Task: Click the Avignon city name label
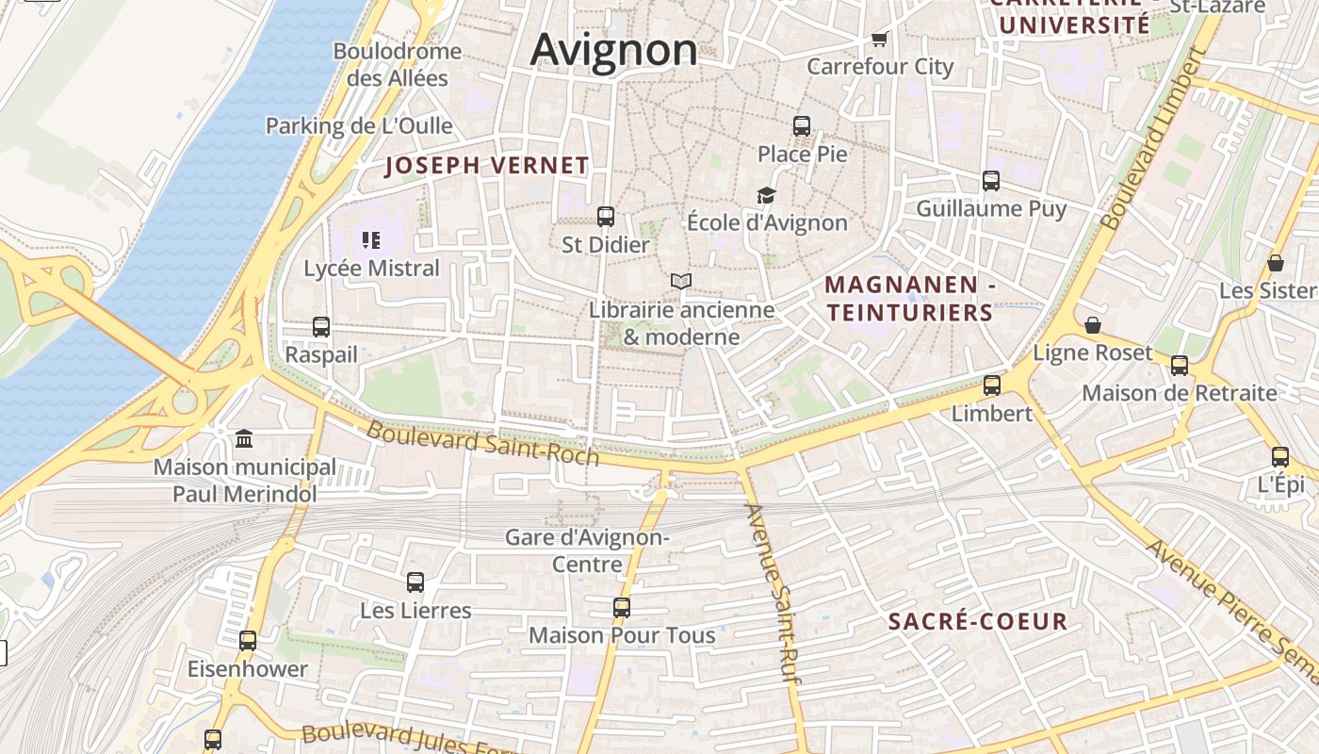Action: pyautogui.click(x=613, y=49)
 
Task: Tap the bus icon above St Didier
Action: pyautogui.click(x=606, y=217)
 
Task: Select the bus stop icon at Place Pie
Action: pyautogui.click(x=802, y=126)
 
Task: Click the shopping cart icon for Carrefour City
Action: pyautogui.click(x=880, y=39)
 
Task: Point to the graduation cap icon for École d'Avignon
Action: pyautogui.click(x=767, y=195)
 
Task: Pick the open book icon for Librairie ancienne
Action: pyautogui.click(x=681, y=281)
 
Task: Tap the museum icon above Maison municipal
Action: pyautogui.click(x=244, y=438)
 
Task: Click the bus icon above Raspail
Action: pyautogui.click(x=321, y=327)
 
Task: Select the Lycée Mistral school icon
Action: pyautogui.click(x=370, y=240)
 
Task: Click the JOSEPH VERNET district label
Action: pyautogui.click(x=487, y=166)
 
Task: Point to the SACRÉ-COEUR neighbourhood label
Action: pyautogui.click(x=978, y=621)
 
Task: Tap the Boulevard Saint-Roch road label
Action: pyautogui.click(x=482, y=442)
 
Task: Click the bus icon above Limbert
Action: pyautogui.click(x=992, y=385)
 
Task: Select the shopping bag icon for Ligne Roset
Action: pyautogui.click(x=1093, y=325)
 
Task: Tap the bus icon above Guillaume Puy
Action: pyautogui.click(x=991, y=181)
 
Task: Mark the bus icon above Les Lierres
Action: pyautogui.click(x=415, y=582)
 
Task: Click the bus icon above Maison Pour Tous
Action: pyautogui.click(x=622, y=608)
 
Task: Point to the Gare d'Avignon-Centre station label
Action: pyautogui.click(x=587, y=550)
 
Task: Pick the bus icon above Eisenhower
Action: pyautogui.click(x=248, y=641)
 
